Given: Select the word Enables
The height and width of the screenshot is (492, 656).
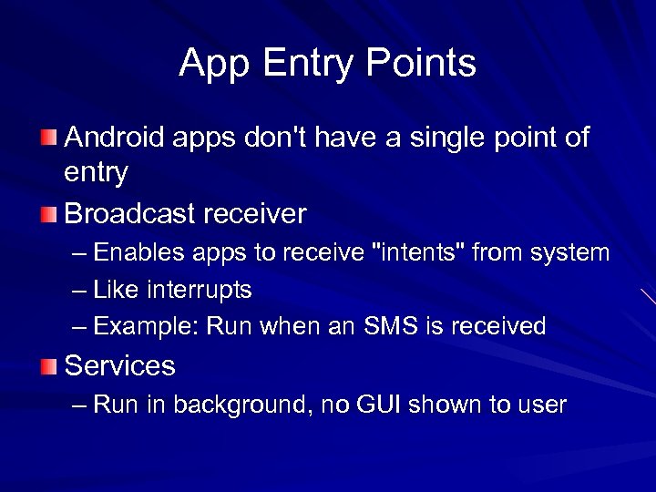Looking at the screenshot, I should (x=136, y=251).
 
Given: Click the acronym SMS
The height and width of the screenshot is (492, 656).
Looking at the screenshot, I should (x=389, y=326).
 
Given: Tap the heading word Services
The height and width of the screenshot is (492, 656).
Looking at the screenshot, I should (x=119, y=366).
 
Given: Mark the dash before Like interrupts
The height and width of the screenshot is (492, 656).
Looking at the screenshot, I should (x=80, y=291).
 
